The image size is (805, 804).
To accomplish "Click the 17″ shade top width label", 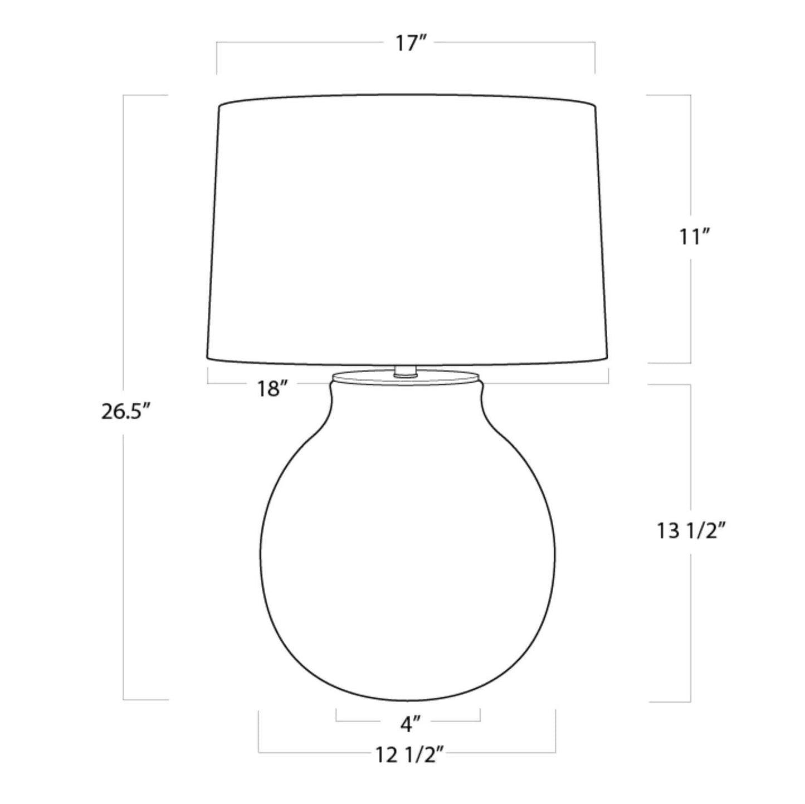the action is (x=411, y=43).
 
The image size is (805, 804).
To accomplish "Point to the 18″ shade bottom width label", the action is (x=273, y=389).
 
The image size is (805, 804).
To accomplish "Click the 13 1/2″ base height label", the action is (x=692, y=531).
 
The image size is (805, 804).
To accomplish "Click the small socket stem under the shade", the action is (x=405, y=372).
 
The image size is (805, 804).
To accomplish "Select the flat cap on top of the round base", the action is (x=406, y=377).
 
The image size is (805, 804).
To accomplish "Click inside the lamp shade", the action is (x=407, y=230).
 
